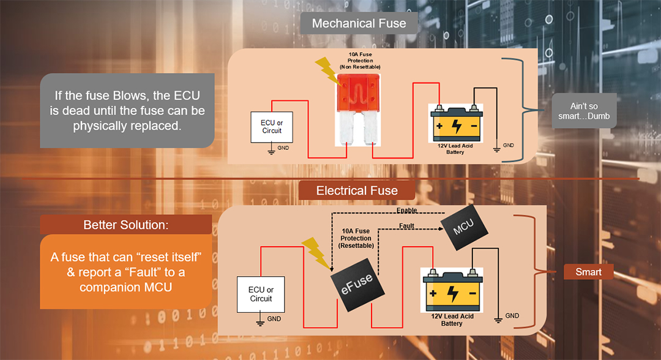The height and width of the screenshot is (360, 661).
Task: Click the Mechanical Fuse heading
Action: [x=359, y=24]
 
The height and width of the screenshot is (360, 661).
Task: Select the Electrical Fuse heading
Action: [x=357, y=190]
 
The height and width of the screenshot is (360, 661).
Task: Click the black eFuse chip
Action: [x=356, y=282]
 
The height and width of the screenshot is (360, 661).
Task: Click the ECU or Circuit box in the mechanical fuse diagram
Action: [x=272, y=127]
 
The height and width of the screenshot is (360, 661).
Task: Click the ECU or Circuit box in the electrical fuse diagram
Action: [x=261, y=294]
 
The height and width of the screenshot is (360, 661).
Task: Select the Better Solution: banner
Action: [x=125, y=225]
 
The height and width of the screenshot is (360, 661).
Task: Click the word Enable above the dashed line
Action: [x=406, y=211]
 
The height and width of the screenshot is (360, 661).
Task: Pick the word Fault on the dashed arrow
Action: [x=406, y=226]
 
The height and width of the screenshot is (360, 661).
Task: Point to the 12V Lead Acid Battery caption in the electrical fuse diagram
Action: [x=452, y=319]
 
